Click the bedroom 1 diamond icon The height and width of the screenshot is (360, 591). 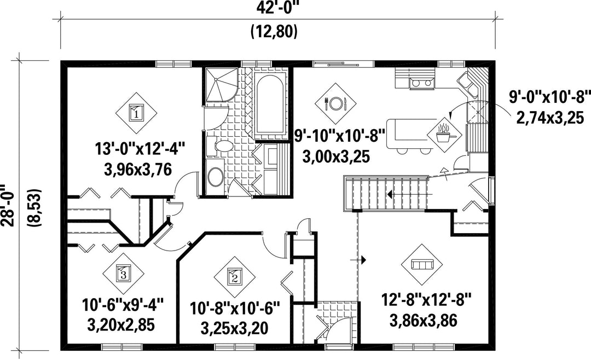[136, 112]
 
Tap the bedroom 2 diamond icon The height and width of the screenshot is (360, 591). [234, 278]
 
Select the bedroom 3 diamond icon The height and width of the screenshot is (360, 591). [123, 273]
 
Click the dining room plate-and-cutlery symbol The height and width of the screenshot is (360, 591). [335, 102]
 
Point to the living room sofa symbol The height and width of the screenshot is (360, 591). [422, 265]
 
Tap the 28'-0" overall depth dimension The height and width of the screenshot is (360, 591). [8, 206]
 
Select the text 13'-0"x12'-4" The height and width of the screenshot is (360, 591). [140, 148]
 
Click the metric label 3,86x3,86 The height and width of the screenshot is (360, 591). [423, 321]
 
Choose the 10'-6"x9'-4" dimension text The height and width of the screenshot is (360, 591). [123, 305]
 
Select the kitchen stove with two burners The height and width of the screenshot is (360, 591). [421, 83]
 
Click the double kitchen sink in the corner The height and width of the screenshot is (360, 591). [467, 85]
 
